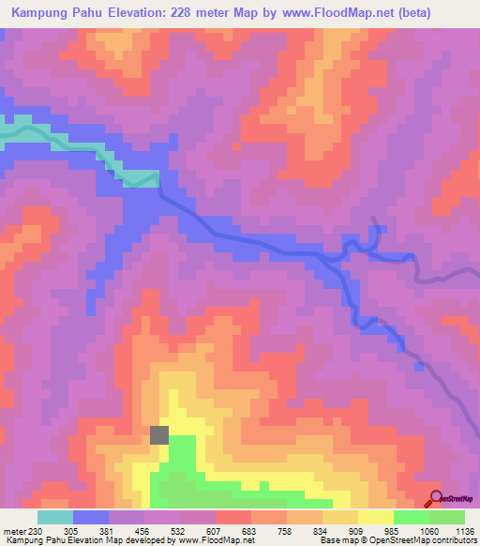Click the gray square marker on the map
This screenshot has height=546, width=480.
tap(159, 434)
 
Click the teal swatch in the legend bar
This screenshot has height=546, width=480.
tap(55, 517)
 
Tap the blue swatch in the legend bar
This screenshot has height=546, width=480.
tap(91, 517)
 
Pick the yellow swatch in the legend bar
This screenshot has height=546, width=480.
tap(376, 517)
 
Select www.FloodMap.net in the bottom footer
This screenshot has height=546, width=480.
tap(203, 539)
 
